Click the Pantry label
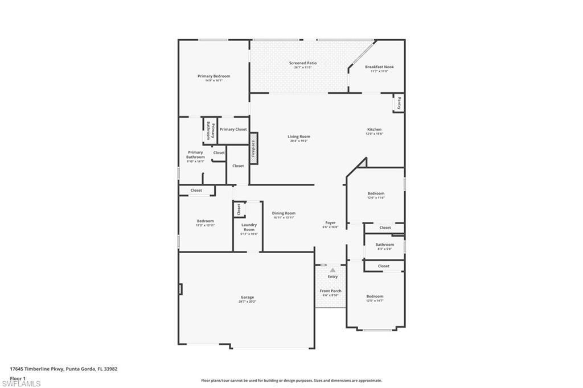[399, 103]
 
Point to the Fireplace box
[253, 148]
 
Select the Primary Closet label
[233, 129]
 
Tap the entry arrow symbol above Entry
[332, 270]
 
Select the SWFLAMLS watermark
[21, 383]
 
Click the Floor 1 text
[18, 378]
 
